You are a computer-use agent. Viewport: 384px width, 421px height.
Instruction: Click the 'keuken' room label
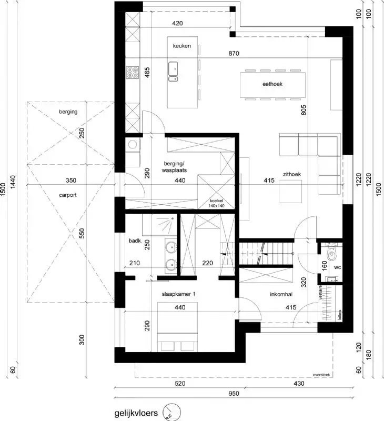[x=181, y=46]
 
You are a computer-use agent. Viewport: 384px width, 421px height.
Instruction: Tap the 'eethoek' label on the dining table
[x=272, y=84]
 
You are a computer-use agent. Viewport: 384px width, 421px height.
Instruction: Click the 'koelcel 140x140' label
[x=217, y=204]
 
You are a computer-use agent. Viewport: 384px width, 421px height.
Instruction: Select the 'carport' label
[x=68, y=194]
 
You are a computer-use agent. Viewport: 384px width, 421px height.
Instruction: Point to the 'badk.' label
[x=134, y=241]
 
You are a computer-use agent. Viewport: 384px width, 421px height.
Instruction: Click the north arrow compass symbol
[x=170, y=412]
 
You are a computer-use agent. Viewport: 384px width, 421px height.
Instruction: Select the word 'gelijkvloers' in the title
[x=136, y=413]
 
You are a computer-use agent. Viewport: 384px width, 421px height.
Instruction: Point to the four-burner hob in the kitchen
[x=132, y=73]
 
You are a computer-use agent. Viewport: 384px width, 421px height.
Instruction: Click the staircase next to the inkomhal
[x=266, y=253]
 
